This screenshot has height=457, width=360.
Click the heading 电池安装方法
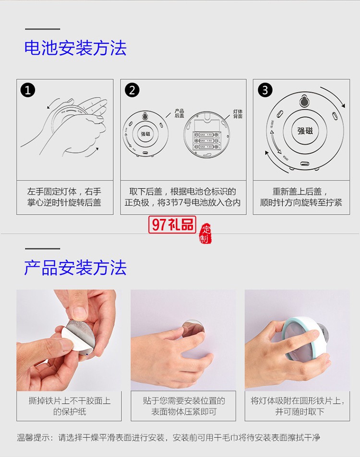(x=75, y=48)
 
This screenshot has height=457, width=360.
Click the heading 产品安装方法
(x=75, y=267)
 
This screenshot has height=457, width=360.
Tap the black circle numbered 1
(x=28, y=90)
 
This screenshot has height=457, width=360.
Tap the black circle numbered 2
(x=132, y=90)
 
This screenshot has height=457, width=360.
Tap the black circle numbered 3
(x=265, y=90)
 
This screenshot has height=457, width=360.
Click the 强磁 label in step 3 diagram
(x=305, y=131)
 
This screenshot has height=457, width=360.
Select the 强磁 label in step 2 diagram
(x=145, y=134)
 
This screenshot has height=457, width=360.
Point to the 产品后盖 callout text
(x=180, y=113)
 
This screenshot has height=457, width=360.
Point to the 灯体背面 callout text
(x=238, y=113)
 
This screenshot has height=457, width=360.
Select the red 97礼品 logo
(x=172, y=224)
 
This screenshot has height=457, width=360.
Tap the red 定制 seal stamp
(x=205, y=234)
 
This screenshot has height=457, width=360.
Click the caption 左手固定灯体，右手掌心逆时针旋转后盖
(x=64, y=197)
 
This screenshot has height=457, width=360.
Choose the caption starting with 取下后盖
(x=183, y=197)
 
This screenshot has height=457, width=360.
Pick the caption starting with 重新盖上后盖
(x=301, y=197)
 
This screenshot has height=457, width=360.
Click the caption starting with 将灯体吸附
(x=297, y=406)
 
